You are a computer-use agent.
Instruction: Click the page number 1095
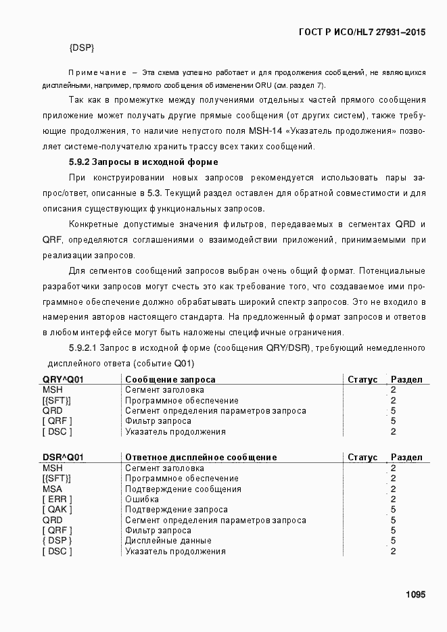coord(415,595)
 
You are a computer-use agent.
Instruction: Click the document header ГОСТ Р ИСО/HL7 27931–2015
coord(361,32)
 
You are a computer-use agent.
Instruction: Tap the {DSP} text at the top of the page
coord(81,48)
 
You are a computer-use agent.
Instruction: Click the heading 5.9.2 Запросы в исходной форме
coord(143,162)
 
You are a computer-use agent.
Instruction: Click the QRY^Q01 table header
coord(63,380)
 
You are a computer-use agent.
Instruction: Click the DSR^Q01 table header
coord(63,458)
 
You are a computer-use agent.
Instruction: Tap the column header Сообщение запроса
coord(170,380)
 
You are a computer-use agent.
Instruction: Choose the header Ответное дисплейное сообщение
coord(201,458)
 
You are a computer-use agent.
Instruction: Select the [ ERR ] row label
coord(57,500)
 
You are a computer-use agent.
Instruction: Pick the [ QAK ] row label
coord(57,510)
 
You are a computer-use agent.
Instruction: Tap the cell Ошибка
coord(142,500)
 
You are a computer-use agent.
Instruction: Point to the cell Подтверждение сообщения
coord(183,489)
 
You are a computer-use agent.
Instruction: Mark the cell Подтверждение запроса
coord(177,510)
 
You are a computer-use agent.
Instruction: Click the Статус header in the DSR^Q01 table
coord(362,458)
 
